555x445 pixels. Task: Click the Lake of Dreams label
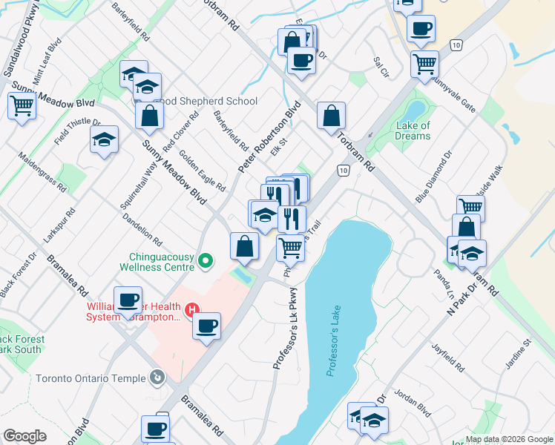point(413,131)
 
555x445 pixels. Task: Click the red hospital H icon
point(192,309)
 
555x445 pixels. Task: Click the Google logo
point(24,436)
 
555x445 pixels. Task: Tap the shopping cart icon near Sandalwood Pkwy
point(22,105)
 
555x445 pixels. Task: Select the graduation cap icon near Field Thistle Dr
point(104,138)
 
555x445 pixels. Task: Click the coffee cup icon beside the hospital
point(206,324)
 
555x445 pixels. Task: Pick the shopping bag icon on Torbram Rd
point(331,114)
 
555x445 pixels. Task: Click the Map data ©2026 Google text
point(508,439)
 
